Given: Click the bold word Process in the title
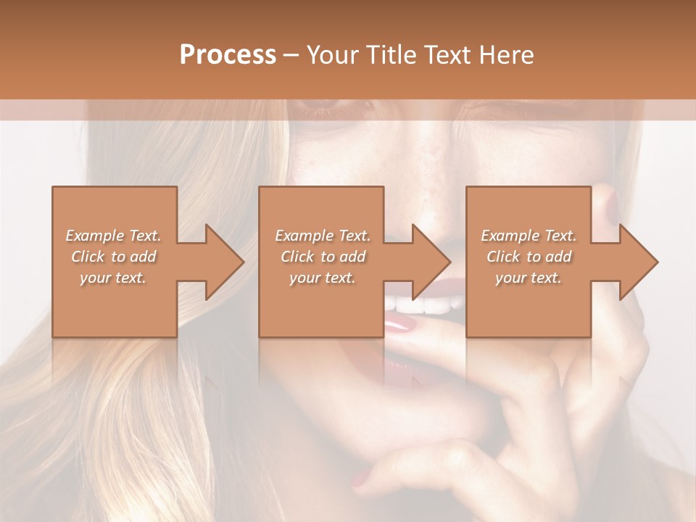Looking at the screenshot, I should click(x=228, y=55).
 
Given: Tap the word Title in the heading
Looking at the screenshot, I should click(x=393, y=55).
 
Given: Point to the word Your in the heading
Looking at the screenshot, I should click(x=334, y=55).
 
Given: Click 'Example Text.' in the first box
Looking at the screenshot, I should click(x=113, y=236).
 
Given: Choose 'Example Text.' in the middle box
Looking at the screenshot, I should click(x=323, y=236).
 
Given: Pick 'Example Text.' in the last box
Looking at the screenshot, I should click(x=529, y=236).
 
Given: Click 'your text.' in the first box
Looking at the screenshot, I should click(x=113, y=278).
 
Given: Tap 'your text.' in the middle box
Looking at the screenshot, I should click(x=323, y=278).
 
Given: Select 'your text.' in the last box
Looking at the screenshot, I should click(x=529, y=278).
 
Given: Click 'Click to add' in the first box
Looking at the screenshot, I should click(x=113, y=257).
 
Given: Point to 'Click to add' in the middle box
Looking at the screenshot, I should click(x=323, y=257).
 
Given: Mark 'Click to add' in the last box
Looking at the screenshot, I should click(x=529, y=257).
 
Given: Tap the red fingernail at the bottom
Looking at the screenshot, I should click(x=360, y=478).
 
